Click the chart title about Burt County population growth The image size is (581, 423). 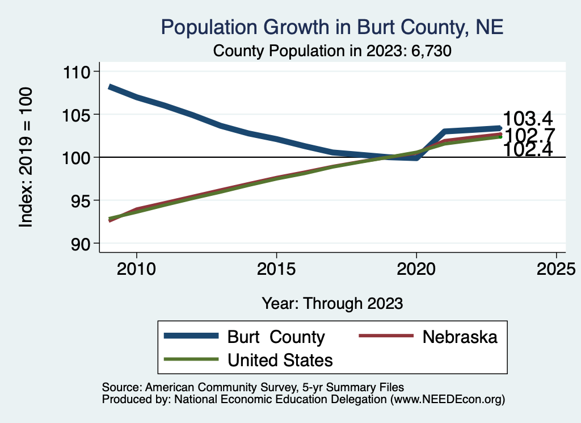(x=332, y=27)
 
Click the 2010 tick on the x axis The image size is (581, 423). (x=136, y=267)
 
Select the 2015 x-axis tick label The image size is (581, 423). (x=276, y=267)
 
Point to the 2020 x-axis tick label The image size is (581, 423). (x=416, y=267)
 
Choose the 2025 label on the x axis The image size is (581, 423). (x=556, y=267)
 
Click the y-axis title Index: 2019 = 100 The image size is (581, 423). (x=26, y=157)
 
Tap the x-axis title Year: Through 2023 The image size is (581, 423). (x=332, y=303)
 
